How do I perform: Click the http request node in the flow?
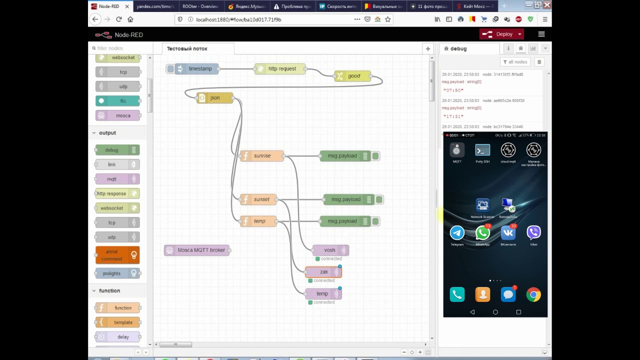coord(281,69)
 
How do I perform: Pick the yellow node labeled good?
coord(353,76)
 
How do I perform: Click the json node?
coord(215,98)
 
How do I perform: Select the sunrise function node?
coord(262,156)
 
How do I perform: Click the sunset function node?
coord(261,199)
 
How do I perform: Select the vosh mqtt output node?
coord(329,250)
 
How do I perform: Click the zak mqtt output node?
coord(323,272)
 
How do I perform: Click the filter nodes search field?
coord(120,48)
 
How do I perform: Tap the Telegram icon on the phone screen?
coord(457,233)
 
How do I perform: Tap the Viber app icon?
coord(533,233)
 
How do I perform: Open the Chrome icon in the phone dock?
coord(533,295)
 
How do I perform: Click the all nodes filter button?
coord(514,62)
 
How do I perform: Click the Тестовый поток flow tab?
coord(187,48)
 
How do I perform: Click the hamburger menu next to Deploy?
coord(541,34)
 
